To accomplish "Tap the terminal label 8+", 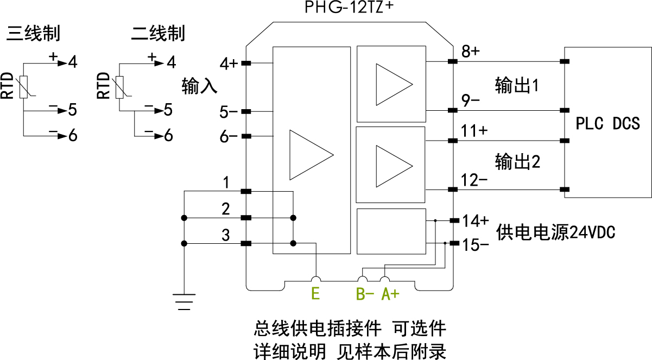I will click(470, 52).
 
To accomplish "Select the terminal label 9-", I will click(470, 101).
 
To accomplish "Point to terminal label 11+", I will click(474, 131).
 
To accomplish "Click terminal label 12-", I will click(474, 180).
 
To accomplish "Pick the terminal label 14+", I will click(476, 220).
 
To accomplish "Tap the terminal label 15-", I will click(476, 244).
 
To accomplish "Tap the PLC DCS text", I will click(607, 123).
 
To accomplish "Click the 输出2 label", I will click(517, 161).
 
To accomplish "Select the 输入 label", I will click(200, 86).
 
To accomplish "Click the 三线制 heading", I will click(33, 34).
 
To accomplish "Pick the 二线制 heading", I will click(158, 34).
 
